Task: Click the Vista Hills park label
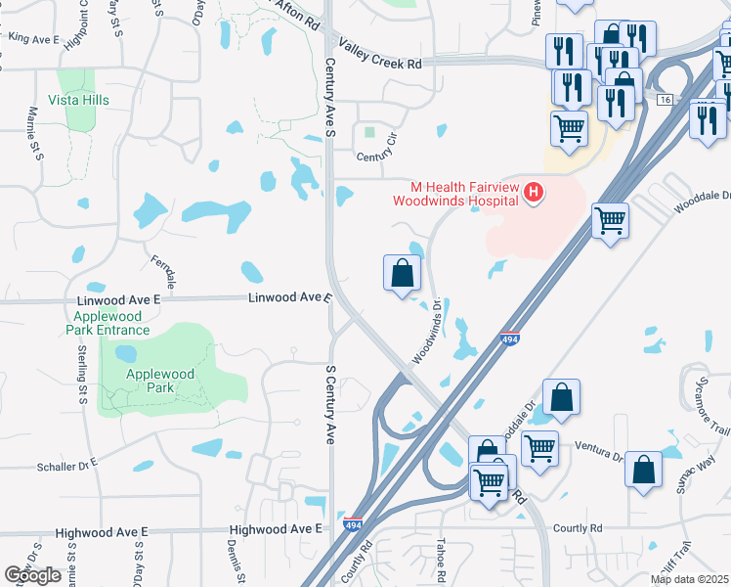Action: tap(78, 101)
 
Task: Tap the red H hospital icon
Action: tap(534, 193)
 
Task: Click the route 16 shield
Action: tap(666, 101)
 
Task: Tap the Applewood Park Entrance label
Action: tap(107, 324)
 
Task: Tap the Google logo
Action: tap(33, 575)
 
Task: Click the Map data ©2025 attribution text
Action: tap(689, 579)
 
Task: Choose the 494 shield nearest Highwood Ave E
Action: tap(353, 526)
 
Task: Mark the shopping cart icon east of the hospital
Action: tap(610, 221)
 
